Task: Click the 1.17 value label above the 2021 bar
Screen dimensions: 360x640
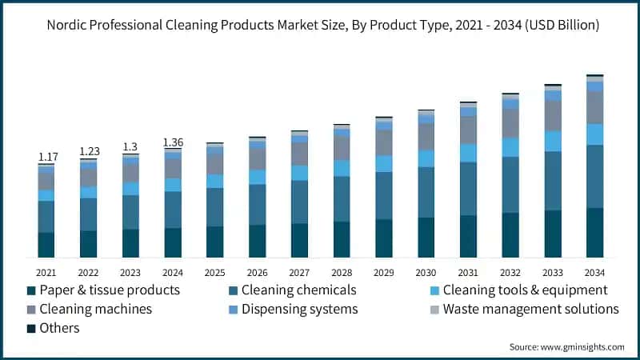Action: [46, 156]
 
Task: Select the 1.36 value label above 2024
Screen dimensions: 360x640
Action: [173, 142]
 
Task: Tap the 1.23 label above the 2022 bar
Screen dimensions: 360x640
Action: [88, 151]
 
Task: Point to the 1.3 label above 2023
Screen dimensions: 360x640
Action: [130, 146]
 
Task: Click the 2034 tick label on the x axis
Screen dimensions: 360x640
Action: [594, 273]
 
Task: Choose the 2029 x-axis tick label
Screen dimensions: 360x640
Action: [384, 273]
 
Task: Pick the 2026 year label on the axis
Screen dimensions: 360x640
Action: [257, 273]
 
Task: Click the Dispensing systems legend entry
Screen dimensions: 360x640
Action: [299, 309]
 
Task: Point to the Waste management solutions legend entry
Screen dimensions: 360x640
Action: [530, 309]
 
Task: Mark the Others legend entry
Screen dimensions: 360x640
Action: [58, 328]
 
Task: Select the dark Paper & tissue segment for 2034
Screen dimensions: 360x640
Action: [594, 233]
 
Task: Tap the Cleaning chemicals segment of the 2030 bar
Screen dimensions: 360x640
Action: [426, 192]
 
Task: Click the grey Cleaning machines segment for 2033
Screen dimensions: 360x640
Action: [552, 116]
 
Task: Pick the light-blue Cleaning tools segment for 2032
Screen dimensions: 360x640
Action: [510, 147]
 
